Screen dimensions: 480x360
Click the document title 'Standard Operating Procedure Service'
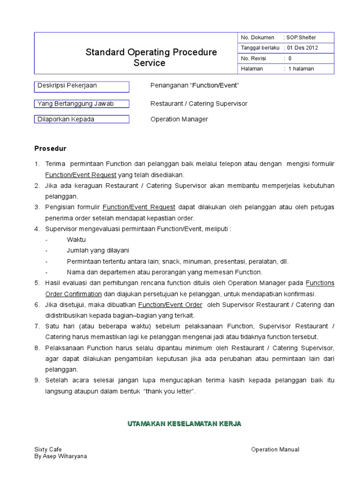(151, 58)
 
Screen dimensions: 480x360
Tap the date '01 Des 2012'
(303, 48)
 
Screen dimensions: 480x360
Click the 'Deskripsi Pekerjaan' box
(82, 87)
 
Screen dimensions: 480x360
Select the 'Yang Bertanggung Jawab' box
(82, 104)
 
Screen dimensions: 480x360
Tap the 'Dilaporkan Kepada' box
(82, 120)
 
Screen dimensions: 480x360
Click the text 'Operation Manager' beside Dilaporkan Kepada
(179, 120)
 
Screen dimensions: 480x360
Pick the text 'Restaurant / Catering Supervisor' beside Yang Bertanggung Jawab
(199, 104)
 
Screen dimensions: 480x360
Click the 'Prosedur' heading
(51, 149)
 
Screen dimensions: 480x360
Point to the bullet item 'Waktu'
(76, 240)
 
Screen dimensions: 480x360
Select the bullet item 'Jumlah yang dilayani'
(98, 250)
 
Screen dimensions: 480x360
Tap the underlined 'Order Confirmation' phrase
(74, 294)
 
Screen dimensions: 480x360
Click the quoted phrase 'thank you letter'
(170, 391)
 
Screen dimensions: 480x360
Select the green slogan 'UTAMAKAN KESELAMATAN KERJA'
(184, 424)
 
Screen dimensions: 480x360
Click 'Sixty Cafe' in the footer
(48, 450)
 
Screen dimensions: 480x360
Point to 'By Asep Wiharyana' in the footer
(60, 456)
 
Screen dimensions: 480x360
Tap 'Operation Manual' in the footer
(275, 450)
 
